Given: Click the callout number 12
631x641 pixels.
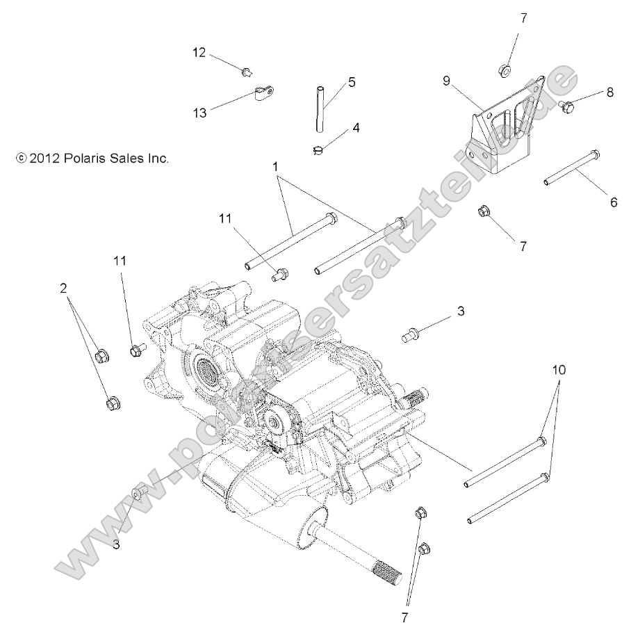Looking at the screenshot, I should (199, 53).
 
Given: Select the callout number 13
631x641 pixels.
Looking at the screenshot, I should (199, 113).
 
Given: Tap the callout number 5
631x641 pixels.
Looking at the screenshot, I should (352, 82).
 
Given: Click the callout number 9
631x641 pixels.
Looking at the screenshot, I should (448, 81).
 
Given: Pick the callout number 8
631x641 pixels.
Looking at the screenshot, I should (609, 92).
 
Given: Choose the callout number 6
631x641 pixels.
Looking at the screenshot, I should (613, 202).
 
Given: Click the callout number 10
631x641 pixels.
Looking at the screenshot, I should (559, 370).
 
